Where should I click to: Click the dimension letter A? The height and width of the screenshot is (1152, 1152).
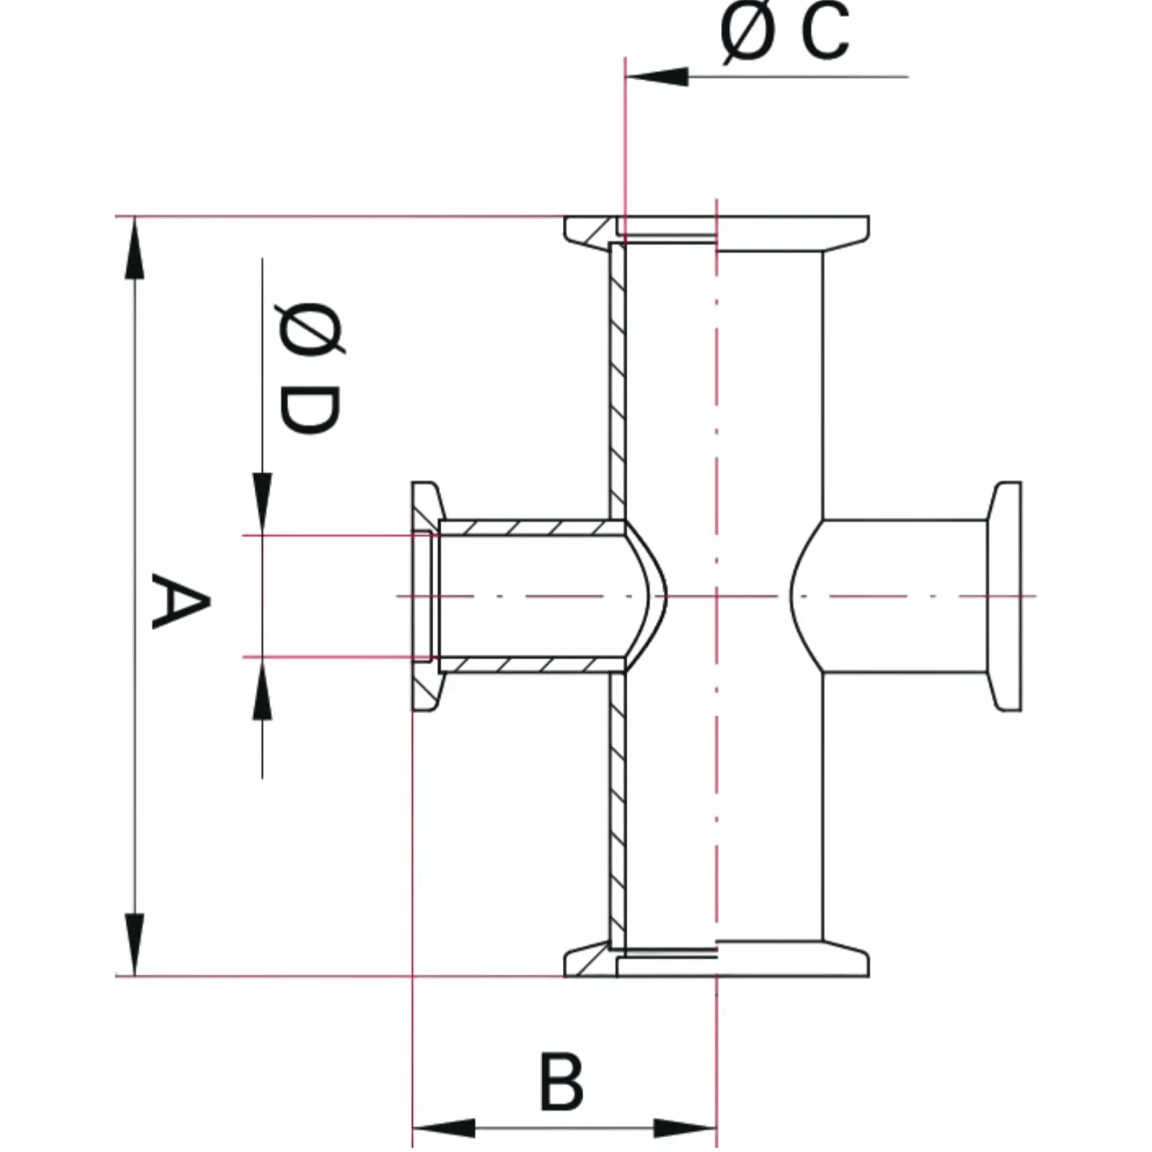pos(181,602)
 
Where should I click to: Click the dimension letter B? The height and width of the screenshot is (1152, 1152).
pos(561,1082)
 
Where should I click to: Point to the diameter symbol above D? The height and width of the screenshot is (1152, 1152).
pos(310,329)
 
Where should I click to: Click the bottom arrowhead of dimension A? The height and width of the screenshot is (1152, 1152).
pos(134,944)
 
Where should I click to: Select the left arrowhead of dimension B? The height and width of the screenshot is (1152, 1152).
pos(444,1128)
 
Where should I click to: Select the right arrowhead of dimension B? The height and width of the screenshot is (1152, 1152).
pos(685,1128)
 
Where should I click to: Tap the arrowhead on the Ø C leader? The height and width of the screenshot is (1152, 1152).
pos(657,76)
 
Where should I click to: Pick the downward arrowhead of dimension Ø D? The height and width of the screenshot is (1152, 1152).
pos(262,504)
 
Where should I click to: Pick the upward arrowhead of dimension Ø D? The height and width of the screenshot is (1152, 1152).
pos(262,688)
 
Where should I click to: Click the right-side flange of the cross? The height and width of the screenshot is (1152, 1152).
pos(1003,596)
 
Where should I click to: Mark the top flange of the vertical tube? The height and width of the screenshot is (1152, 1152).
pos(717,230)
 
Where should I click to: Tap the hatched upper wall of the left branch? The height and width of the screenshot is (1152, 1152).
pos(531,528)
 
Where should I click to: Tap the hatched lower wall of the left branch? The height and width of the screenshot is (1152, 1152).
pos(531,665)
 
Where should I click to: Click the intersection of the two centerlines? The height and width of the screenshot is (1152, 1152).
pos(717,596)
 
